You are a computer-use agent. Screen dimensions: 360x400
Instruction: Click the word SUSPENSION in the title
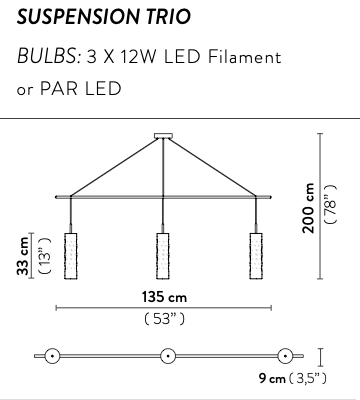77,17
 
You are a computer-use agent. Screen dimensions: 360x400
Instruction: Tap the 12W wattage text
139,57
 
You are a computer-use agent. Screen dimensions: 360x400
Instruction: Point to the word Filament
245,57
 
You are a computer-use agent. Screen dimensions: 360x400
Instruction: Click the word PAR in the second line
59,89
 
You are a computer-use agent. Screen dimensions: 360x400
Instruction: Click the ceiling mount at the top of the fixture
163,136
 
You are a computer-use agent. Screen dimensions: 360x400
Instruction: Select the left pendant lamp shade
70,256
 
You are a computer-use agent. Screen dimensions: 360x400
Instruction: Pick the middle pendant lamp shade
163,256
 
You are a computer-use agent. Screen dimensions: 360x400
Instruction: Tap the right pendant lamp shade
256,256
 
